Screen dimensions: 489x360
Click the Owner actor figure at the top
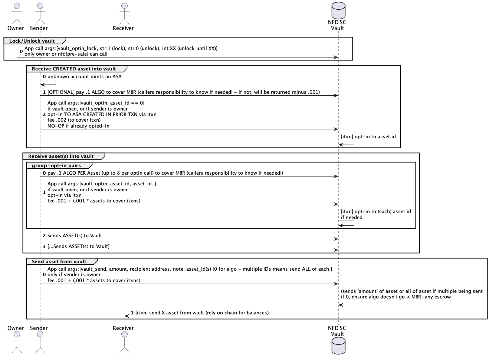pyautogui.click(x=17, y=13)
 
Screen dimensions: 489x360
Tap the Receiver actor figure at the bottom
pyautogui.click(x=124, y=342)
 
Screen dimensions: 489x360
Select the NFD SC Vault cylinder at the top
pyautogui.click(x=338, y=10)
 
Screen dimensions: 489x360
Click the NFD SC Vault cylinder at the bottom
pyautogui.click(x=338, y=346)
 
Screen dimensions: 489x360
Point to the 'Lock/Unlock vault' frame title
pyautogui.click(x=32, y=41)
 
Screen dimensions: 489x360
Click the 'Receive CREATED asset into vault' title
pyautogui.click(x=74, y=69)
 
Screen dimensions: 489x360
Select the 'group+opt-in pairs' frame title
pyautogui.click(x=56, y=166)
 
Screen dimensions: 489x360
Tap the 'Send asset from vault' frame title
pyautogui.click(x=59, y=262)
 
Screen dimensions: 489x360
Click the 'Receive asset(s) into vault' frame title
pyautogui.click(x=61, y=156)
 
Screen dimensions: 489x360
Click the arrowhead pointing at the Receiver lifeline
pyautogui.click(x=127, y=316)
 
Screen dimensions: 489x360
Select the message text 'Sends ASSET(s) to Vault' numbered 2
pyautogui.click(x=75, y=236)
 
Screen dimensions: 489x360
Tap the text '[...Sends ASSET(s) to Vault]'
pyautogui.click(x=78, y=246)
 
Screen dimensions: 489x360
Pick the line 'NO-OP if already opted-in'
pyautogui.click(x=78, y=126)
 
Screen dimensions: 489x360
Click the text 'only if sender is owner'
pyautogui.click(x=74, y=274)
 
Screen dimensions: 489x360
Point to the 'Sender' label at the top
pyautogui.click(x=39, y=28)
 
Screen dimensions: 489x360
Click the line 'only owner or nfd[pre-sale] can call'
pyautogui.click(x=66, y=54)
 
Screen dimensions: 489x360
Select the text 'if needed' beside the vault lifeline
pyautogui.click(x=351, y=217)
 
